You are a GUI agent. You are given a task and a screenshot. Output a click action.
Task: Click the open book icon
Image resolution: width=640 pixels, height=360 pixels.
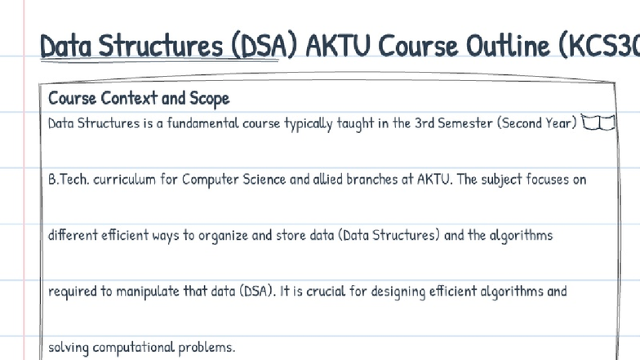(x=598, y=123)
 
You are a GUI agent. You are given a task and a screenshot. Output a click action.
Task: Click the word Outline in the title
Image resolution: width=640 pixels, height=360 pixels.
(x=506, y=47)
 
